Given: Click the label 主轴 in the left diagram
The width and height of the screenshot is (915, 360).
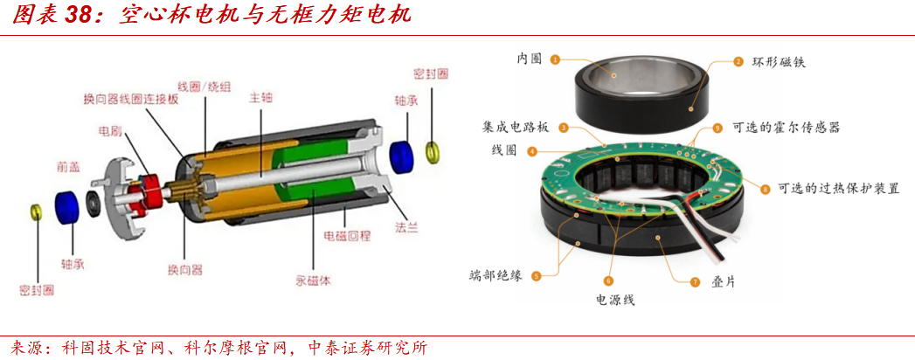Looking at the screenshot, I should pyautogui.click(x=261, y=98).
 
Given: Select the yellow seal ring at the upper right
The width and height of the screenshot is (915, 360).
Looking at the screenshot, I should pyautogui.click(x=433, y=150).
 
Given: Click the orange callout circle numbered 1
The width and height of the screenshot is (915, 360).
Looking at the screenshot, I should pyautogui.click(x=555, y=59).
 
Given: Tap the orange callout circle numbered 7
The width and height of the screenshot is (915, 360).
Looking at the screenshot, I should pyautogui.click(x=695, y=282).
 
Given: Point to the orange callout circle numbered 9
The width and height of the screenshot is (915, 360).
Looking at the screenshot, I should pyautogui.click(x=717, y=128).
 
